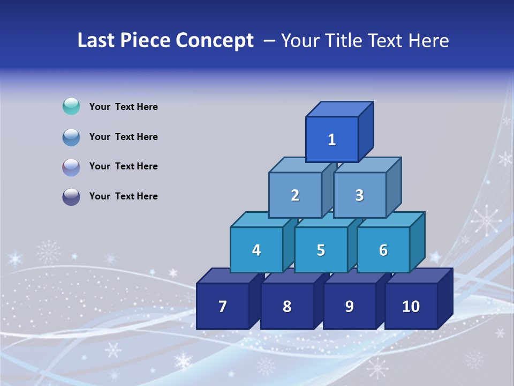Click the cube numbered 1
tap(332, 139)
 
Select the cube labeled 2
tap(295, 195)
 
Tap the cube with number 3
tap(359, 195)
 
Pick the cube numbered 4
tap(256, 250)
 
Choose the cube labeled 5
tap(321, 250)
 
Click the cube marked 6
tap(383, 250)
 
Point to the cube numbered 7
tap(223, 306)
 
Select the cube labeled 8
tap(287, 306)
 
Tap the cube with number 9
tap(349, 306)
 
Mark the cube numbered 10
tap(411, 306)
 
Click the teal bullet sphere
tap(71, 106)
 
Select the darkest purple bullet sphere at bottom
tap(71, 197)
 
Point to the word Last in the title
tap(96, 40)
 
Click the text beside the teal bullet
tap(124, 107)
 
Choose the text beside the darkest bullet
tap(124, 196)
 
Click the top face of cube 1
tap(339, 109)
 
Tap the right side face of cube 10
tap(445, 298)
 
